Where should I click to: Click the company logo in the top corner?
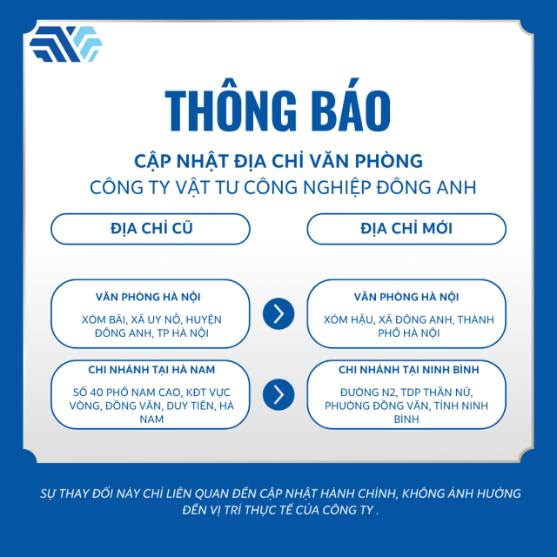66,44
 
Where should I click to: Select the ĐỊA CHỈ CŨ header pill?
151,229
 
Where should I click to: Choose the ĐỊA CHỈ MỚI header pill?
406,229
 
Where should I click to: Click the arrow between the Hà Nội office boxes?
278,313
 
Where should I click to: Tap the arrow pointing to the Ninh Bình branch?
278,394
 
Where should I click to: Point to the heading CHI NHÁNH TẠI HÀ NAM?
151,370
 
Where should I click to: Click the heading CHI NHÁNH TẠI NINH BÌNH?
408,370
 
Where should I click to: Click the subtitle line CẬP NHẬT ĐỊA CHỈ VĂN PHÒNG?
278,161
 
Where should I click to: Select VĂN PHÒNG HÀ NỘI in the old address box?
148,297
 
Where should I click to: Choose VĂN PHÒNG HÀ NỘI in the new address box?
406,297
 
